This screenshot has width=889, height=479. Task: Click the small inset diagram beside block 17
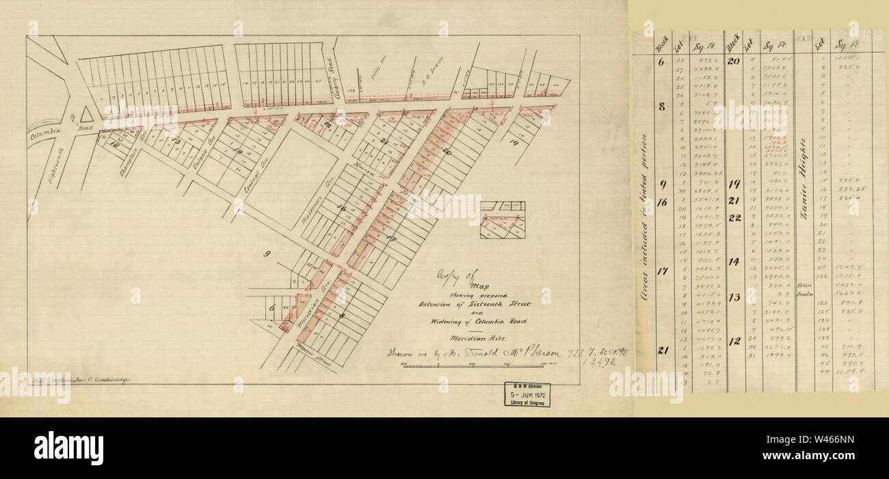coord(502,220)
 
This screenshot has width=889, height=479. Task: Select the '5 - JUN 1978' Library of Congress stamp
coord(531,395)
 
